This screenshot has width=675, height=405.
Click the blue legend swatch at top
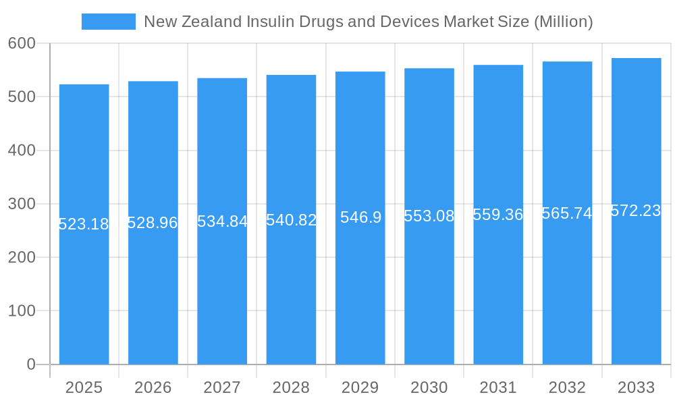[108, 22]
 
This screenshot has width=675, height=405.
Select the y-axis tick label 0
[30, 364]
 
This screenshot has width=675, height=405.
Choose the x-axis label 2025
[84, 387]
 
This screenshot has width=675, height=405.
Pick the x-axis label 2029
[360, 387]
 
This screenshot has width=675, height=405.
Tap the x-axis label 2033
[636, 387]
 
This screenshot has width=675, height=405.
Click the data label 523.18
[84, 224]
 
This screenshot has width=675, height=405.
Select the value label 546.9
[360, 217]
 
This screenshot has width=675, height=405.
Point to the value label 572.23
[636, 211]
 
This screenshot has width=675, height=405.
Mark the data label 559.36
[498, 215]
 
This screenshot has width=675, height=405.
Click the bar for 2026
[153, 283]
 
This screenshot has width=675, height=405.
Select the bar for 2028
[291, 283]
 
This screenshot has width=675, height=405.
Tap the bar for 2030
[429, 283]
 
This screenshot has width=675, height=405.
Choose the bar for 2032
[567, 283]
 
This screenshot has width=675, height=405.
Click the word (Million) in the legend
[563, 22]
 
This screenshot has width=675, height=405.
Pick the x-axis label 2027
[222, 387]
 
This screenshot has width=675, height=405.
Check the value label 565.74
[567, 213]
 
